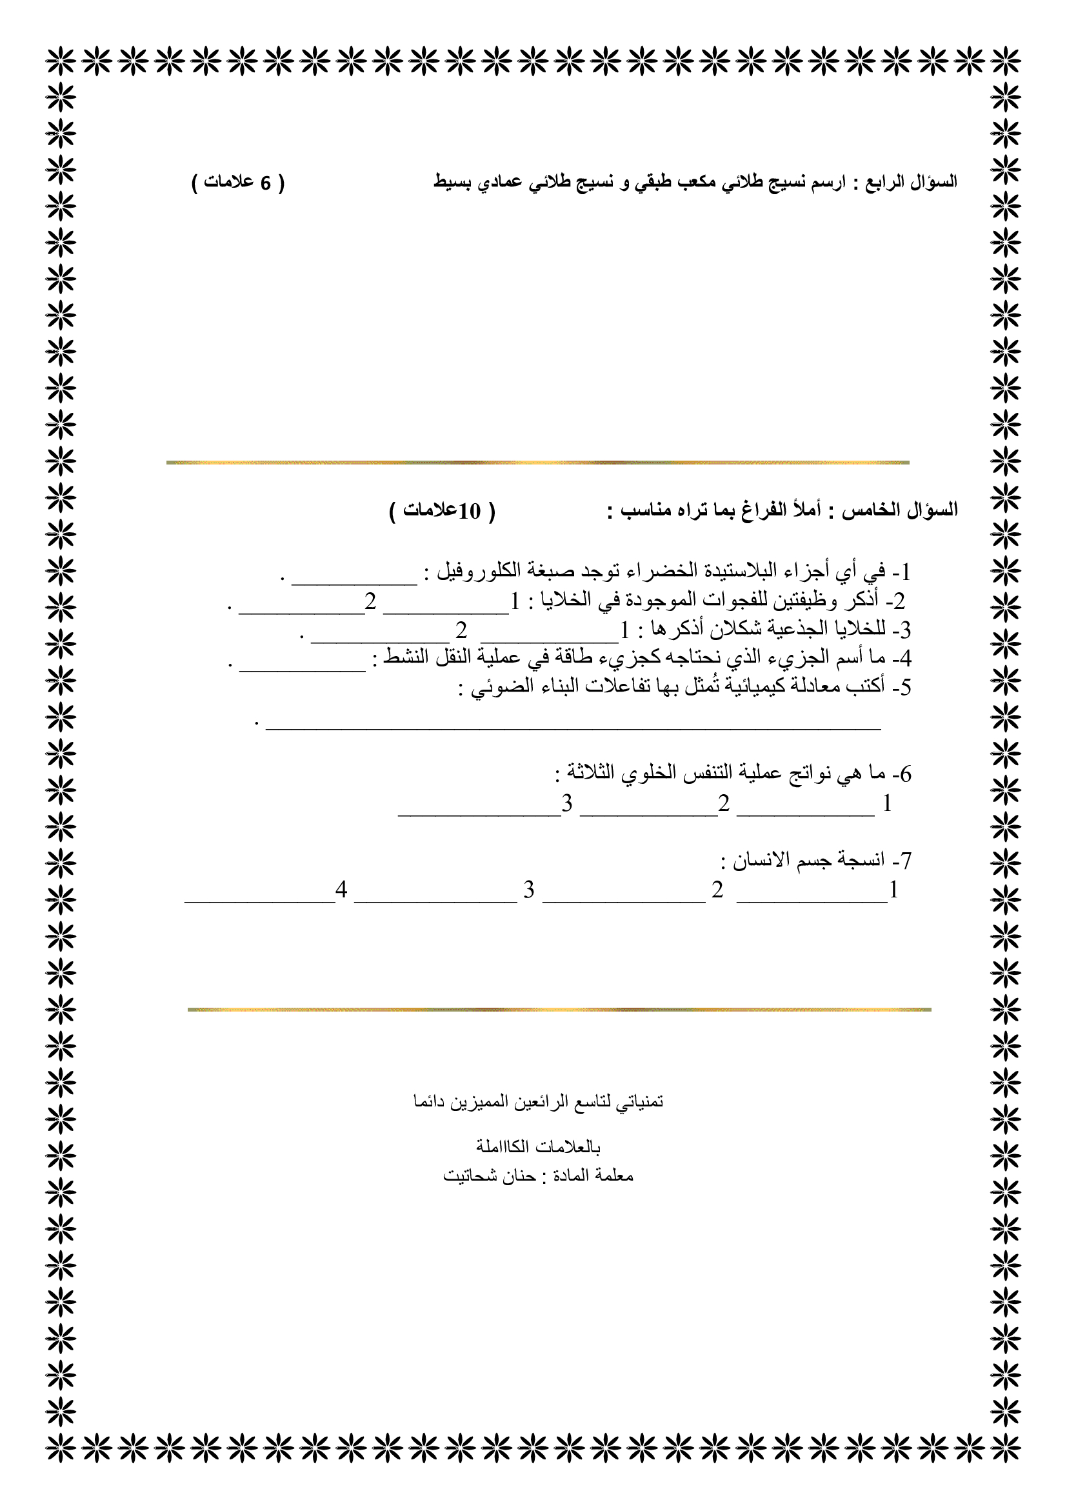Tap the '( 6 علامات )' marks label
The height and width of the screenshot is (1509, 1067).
(238, 182)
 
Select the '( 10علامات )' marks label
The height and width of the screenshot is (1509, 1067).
(441, 511)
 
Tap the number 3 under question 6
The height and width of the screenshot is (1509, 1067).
(567, 803)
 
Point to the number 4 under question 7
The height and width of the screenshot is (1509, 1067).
(341, 889)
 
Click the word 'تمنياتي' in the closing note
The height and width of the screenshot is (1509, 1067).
(639, 1101)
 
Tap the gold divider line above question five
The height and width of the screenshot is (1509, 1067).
(537, 463)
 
